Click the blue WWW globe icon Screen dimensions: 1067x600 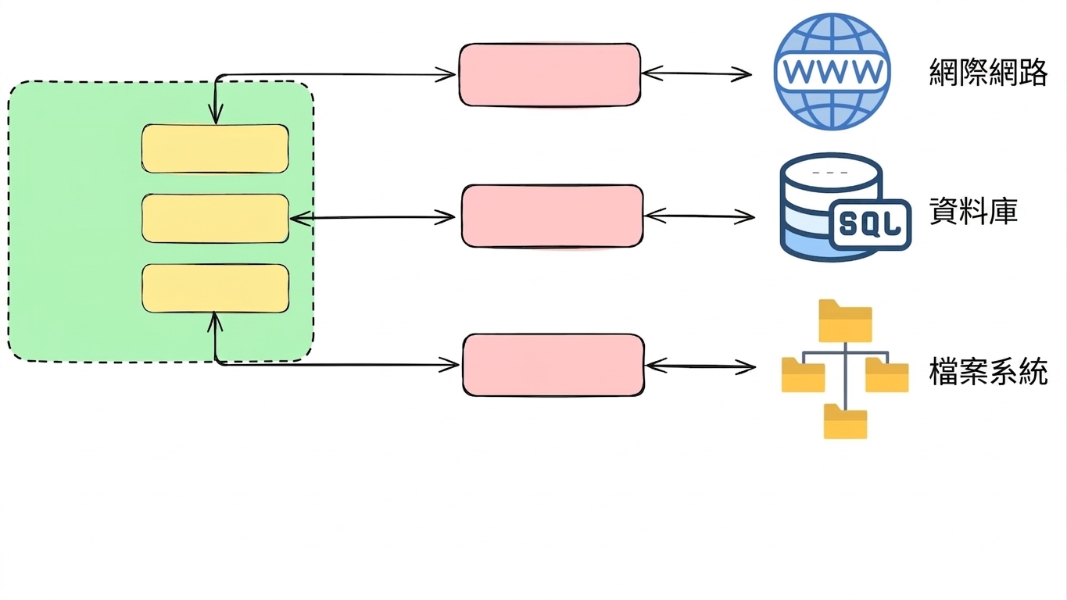pos(832,71)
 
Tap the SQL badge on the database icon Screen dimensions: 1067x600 pos(870,225)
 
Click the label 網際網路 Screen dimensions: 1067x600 pos(988,72)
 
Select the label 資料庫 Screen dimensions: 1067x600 pos(973,211)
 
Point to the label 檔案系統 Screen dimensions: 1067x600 pos(988,371)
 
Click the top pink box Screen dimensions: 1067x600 pos(550,75)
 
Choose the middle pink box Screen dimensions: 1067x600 pos(553,216)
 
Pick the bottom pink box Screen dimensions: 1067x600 pos(553,366)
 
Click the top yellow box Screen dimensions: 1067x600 pos(215,148)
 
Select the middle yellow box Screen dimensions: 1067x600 pos(215,219)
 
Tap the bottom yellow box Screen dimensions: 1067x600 pos(215,288)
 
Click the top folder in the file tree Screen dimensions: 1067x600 pos(845,320)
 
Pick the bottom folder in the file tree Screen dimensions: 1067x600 pos(846,421)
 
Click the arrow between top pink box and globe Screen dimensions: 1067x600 pos(696,73)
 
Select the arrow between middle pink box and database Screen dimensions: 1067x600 pos(700,216)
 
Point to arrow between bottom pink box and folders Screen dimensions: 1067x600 pos(700,366)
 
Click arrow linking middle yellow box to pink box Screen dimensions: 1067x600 pos(372,218)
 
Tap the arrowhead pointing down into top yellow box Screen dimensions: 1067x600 pos(216,114)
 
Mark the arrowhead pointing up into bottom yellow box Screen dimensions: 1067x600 pos(215,323)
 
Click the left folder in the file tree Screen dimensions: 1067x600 pos(803,375)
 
